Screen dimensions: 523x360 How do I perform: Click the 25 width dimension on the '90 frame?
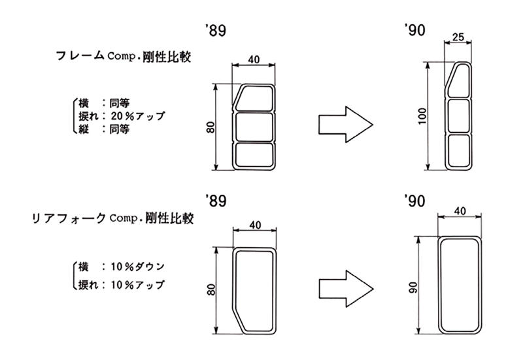[458, 37]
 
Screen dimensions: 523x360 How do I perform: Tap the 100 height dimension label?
[422, 116]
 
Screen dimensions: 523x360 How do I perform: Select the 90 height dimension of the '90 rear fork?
[413, 287]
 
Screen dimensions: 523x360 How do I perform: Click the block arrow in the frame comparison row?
[346, 125]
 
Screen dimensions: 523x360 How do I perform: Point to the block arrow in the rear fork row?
[346, 289]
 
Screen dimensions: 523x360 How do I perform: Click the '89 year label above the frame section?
[216, 30]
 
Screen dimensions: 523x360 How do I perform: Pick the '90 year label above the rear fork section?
[414, 201]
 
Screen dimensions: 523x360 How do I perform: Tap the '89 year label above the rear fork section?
[216, 201]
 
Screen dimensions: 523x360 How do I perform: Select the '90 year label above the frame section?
[414, 30]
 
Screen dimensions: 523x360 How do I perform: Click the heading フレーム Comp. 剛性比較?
[124, 56]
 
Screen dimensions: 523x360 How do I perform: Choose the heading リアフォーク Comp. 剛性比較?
[112, 218]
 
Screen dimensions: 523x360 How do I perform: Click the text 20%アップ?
[138, 116]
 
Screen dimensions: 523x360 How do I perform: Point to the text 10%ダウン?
[138, 267]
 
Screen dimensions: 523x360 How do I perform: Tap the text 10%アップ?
[138, 285]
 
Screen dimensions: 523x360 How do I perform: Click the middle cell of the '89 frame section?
[254, 127]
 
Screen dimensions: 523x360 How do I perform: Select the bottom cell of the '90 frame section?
[459, 151]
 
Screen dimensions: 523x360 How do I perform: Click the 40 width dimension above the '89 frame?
[254, 59]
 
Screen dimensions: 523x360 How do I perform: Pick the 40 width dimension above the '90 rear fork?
[460, 211]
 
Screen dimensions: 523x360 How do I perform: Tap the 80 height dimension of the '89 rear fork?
[211, 290]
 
